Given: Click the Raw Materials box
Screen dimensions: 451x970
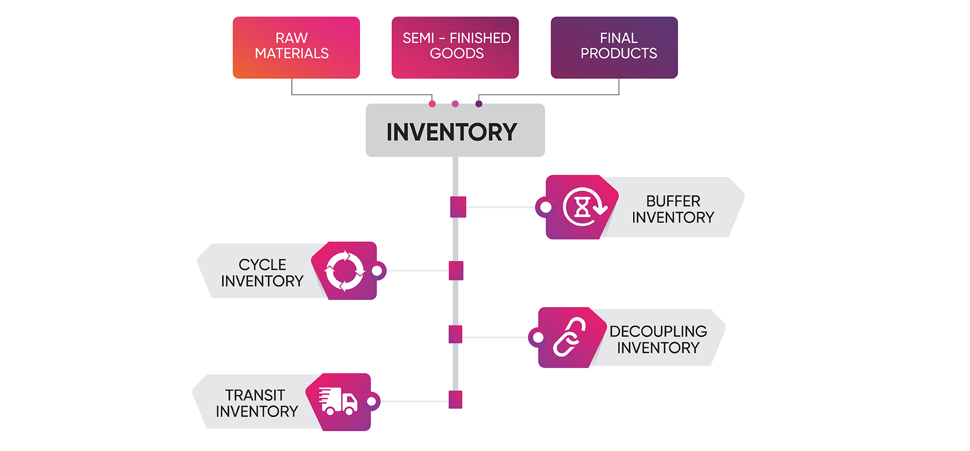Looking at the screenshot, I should pyautogui.click(x=296, y=47).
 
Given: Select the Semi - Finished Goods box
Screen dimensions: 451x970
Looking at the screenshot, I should pyautogui.click(x=455, y=47).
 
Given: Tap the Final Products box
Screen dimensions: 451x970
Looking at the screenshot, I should pyautogui.click(x=614, y=47).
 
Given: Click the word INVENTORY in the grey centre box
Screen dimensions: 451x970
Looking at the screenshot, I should pyautogui.click(x=452, y=132).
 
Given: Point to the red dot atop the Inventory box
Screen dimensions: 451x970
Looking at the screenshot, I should pyautogui.click(x=432, y=104).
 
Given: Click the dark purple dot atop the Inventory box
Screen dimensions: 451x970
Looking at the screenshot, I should pyautogui.click(x=478, y=104).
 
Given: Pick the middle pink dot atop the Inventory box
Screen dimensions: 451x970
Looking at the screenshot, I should pyautogui.click(x=455, y=104).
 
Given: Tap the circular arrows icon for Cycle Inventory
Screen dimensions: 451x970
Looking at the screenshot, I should pyautogui.click(x=345, y=271).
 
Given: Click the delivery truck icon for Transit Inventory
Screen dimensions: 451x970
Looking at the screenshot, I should pyautogui.click(x=338, y=402).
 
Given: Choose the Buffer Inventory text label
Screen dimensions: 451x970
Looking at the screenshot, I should pyautogui.click(x=673, y=209).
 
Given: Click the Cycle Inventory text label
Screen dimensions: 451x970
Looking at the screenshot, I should pyautogui.click(x=262, y=273).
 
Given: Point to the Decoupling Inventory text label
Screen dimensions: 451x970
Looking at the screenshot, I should pyautogui.click(x=658, y=339).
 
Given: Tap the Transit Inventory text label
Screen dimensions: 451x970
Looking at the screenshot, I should pyautogui.click(x=257, y=403).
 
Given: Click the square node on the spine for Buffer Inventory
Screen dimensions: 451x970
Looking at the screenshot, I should pyautogui.click(x=458, y=207).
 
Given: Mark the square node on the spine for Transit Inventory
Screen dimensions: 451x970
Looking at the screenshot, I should pyautogui.click(x=455, y=399).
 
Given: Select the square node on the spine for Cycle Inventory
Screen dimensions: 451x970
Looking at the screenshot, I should pyautogui.click(x=456, y=271).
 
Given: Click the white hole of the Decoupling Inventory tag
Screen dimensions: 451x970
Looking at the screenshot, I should pyautogui.click(x=539, y=337).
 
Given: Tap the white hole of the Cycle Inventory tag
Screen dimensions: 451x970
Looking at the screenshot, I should pyautogui.click(x=377, y=271).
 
